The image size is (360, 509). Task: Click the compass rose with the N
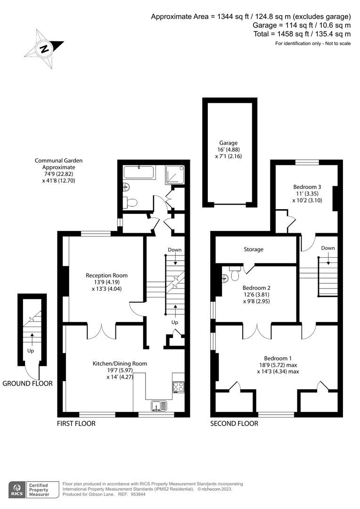[44, 48]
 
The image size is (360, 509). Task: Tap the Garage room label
[228, 143]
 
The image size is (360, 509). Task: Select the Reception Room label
[106, 275]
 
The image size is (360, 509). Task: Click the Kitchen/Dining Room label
[120, 363]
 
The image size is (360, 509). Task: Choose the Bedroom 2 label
[256, 287]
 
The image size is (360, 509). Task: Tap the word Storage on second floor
[254, 249]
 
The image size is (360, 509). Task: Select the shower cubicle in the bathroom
[174, 174]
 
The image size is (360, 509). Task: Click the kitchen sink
[157, 405]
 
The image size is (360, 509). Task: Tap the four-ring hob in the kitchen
[179, 386]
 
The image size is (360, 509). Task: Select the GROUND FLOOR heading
[27, 383]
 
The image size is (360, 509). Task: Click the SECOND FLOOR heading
[234, 423]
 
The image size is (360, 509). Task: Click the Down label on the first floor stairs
[174, 250]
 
